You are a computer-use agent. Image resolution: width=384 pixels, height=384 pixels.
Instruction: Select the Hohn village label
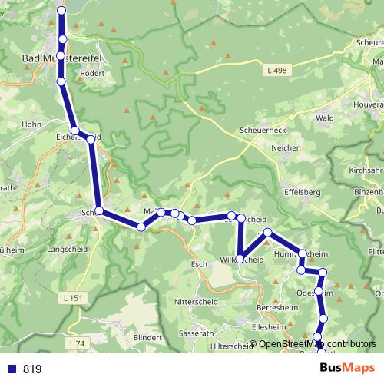click(x=31, y=123)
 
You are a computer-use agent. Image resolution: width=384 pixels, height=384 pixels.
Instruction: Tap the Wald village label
click(x=324, y=118)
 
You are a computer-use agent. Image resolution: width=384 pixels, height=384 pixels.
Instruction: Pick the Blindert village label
click(x=147, y=336)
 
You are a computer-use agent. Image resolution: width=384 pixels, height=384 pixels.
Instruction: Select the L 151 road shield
click(x=74, y=296)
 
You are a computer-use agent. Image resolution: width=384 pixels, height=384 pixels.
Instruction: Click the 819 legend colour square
click(x=11, y=369)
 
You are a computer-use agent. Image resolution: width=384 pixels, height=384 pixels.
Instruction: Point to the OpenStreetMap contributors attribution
click(x=313, y=344)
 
